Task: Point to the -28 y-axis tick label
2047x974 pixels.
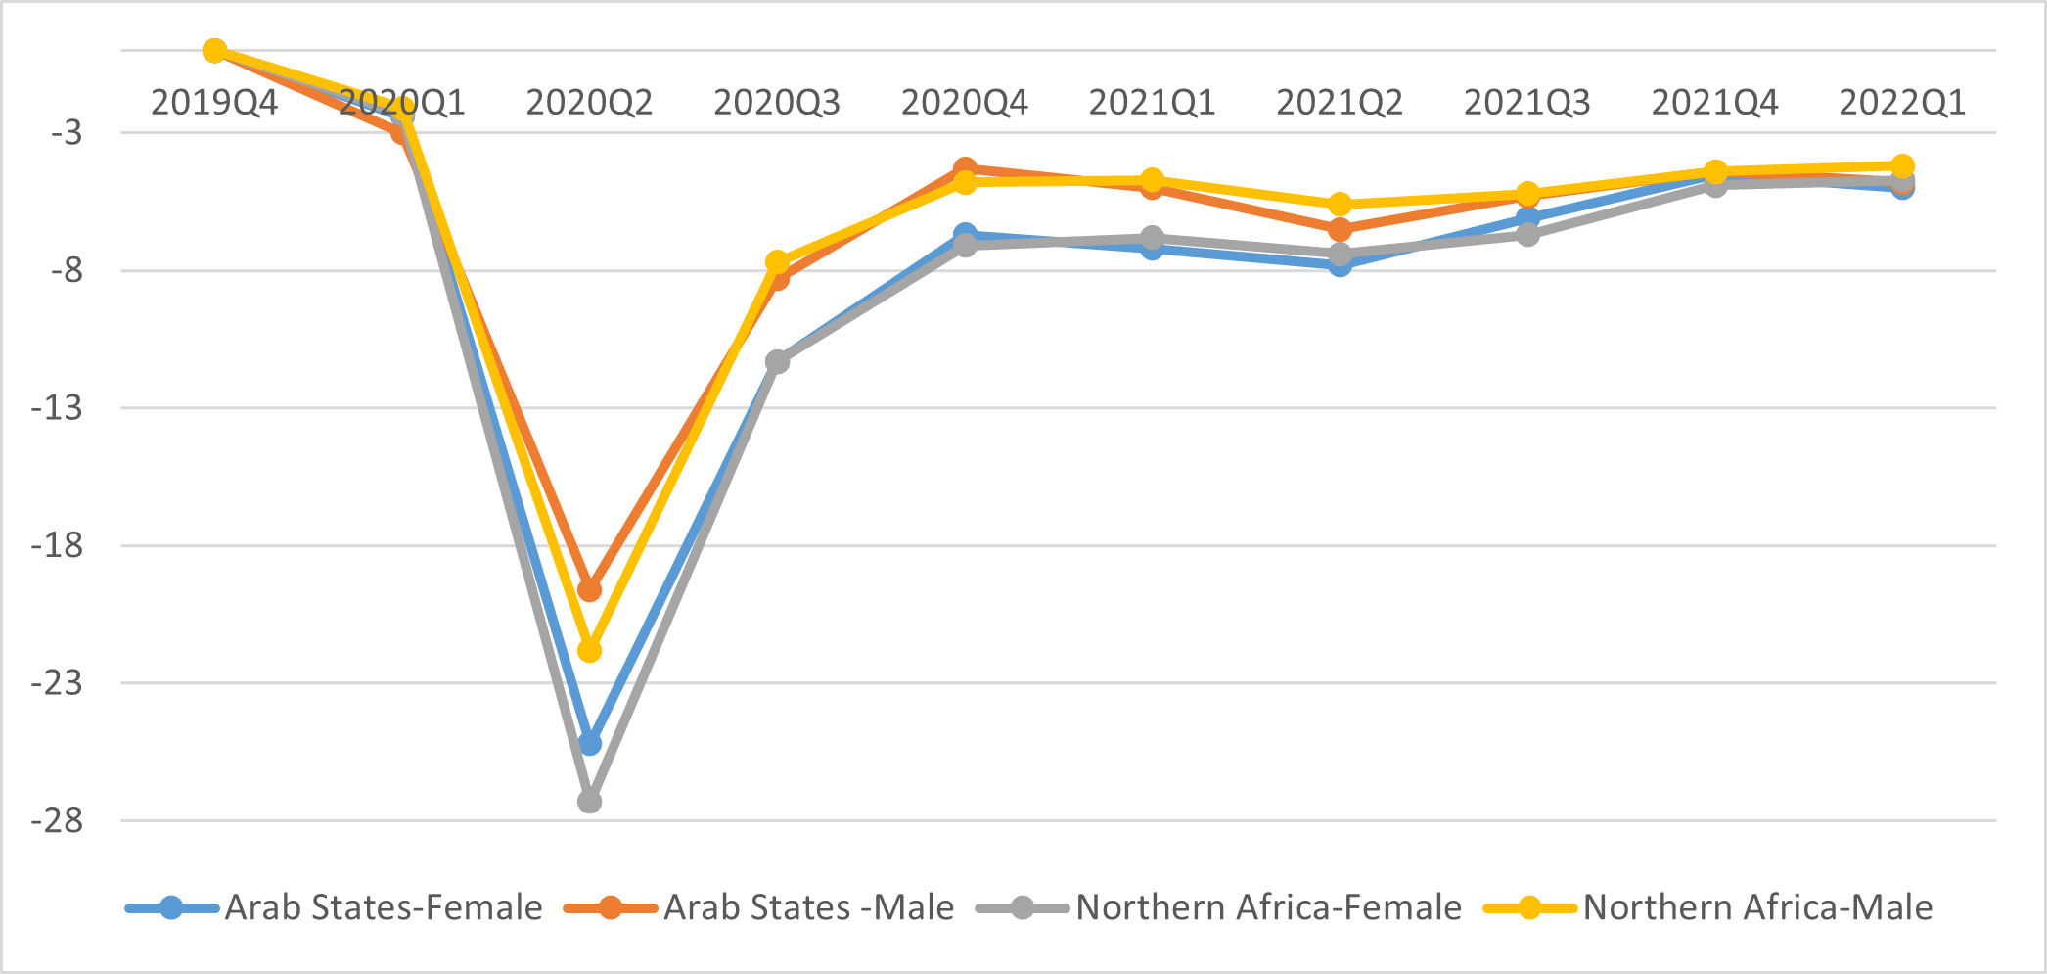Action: (x=57, y=820)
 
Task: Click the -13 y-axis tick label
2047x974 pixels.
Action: (x=57, y=407)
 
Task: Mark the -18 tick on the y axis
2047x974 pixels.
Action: (x=57, y=545)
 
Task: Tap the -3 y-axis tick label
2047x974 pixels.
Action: (x=67, y=133)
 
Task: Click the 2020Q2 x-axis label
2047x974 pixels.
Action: (x=589, y=103)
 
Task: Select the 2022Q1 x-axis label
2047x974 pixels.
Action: (x=1902, y=103)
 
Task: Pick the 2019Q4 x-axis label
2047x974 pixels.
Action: (x=214, y=103)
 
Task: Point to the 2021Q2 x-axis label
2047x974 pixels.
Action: (x=1340, y=103)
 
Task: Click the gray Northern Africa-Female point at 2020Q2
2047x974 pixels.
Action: (x=589, y=802)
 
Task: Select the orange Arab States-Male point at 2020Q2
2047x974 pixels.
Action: (x=589, y=590)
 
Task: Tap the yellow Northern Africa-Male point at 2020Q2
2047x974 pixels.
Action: (x=589, y=650)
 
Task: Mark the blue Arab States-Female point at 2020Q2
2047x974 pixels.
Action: (x=589, y=744)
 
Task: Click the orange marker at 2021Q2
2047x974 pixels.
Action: (x=1340, y=230)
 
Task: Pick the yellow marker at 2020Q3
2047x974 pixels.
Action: (x=777, y=262)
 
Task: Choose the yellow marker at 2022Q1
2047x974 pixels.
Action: (x=1902, y=166)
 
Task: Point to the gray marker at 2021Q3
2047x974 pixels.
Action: (x=1527, y=235)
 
